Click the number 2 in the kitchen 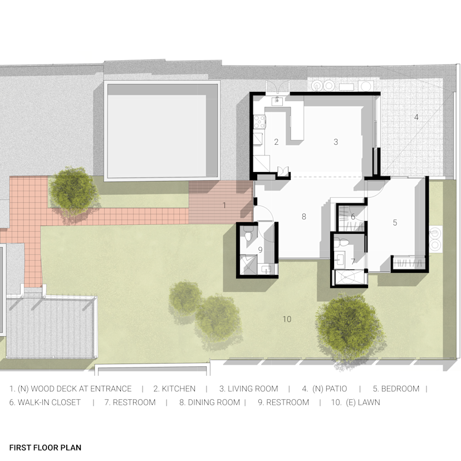[276, 142]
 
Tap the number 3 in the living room [336, 142]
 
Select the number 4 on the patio [415, 117]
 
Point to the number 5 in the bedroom [395, 223]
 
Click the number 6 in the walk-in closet [353, 217]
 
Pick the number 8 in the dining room [304, 217]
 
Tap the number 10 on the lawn [287, 319]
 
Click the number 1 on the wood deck [224, 205]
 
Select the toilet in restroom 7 [344, 243]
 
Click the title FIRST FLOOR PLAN [45, 448]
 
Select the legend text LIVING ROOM [250, 389]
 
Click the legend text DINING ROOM [209, 402]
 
